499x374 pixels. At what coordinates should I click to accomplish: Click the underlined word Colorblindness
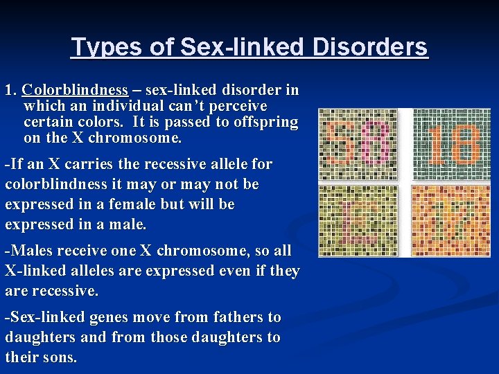(x=75, y=90)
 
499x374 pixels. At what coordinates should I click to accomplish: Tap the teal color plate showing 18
(x=451, y=145)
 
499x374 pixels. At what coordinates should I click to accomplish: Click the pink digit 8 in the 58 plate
(x=374, y=145)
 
